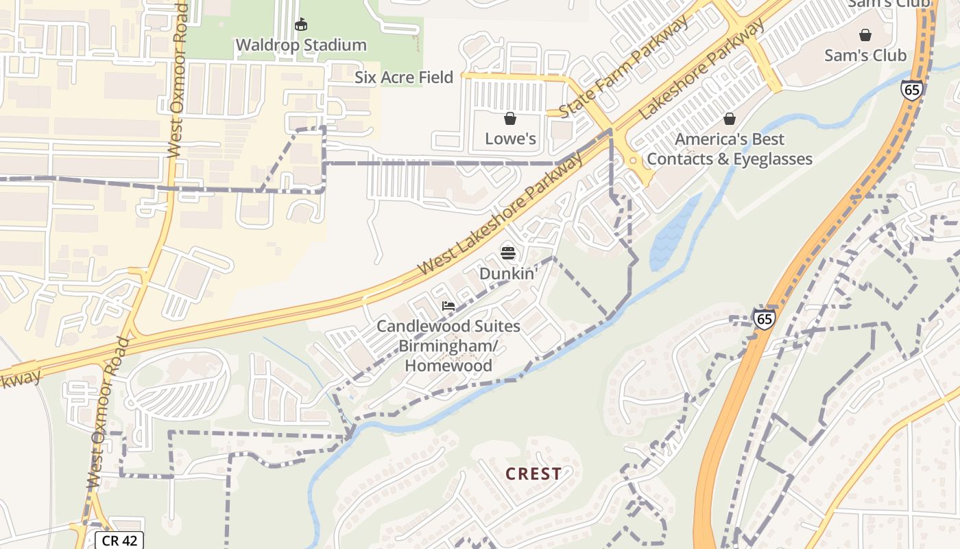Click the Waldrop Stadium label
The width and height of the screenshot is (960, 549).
click(x=301, y=45)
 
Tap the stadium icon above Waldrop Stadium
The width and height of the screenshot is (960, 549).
click(x=300, y=25)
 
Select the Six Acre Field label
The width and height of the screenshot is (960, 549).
click(x=404, y=78)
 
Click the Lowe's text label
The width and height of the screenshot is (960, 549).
click(x=510, y=139)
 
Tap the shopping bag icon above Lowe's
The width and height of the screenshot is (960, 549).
click(x=510, y=119)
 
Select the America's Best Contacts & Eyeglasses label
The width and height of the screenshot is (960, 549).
click(x=730, y=149)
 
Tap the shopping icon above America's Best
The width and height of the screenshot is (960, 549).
click(x=730, y=119)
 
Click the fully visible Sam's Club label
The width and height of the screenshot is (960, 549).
click(x=865, y=56)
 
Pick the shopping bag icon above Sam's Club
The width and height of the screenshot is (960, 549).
click(x=865, y=34)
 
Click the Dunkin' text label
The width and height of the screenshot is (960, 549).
click(x=508, y=273)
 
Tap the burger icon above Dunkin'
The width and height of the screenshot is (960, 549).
click(x=508, y=253)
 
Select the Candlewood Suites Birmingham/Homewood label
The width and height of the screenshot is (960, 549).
click(x=448, y=346)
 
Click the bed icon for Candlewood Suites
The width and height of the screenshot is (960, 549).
click(x=448, y=306)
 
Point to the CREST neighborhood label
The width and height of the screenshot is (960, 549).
click(x=533, y=474)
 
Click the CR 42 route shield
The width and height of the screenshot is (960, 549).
click(x=119, y=541)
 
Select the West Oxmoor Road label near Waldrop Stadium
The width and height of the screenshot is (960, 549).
click(x=178, y=82)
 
